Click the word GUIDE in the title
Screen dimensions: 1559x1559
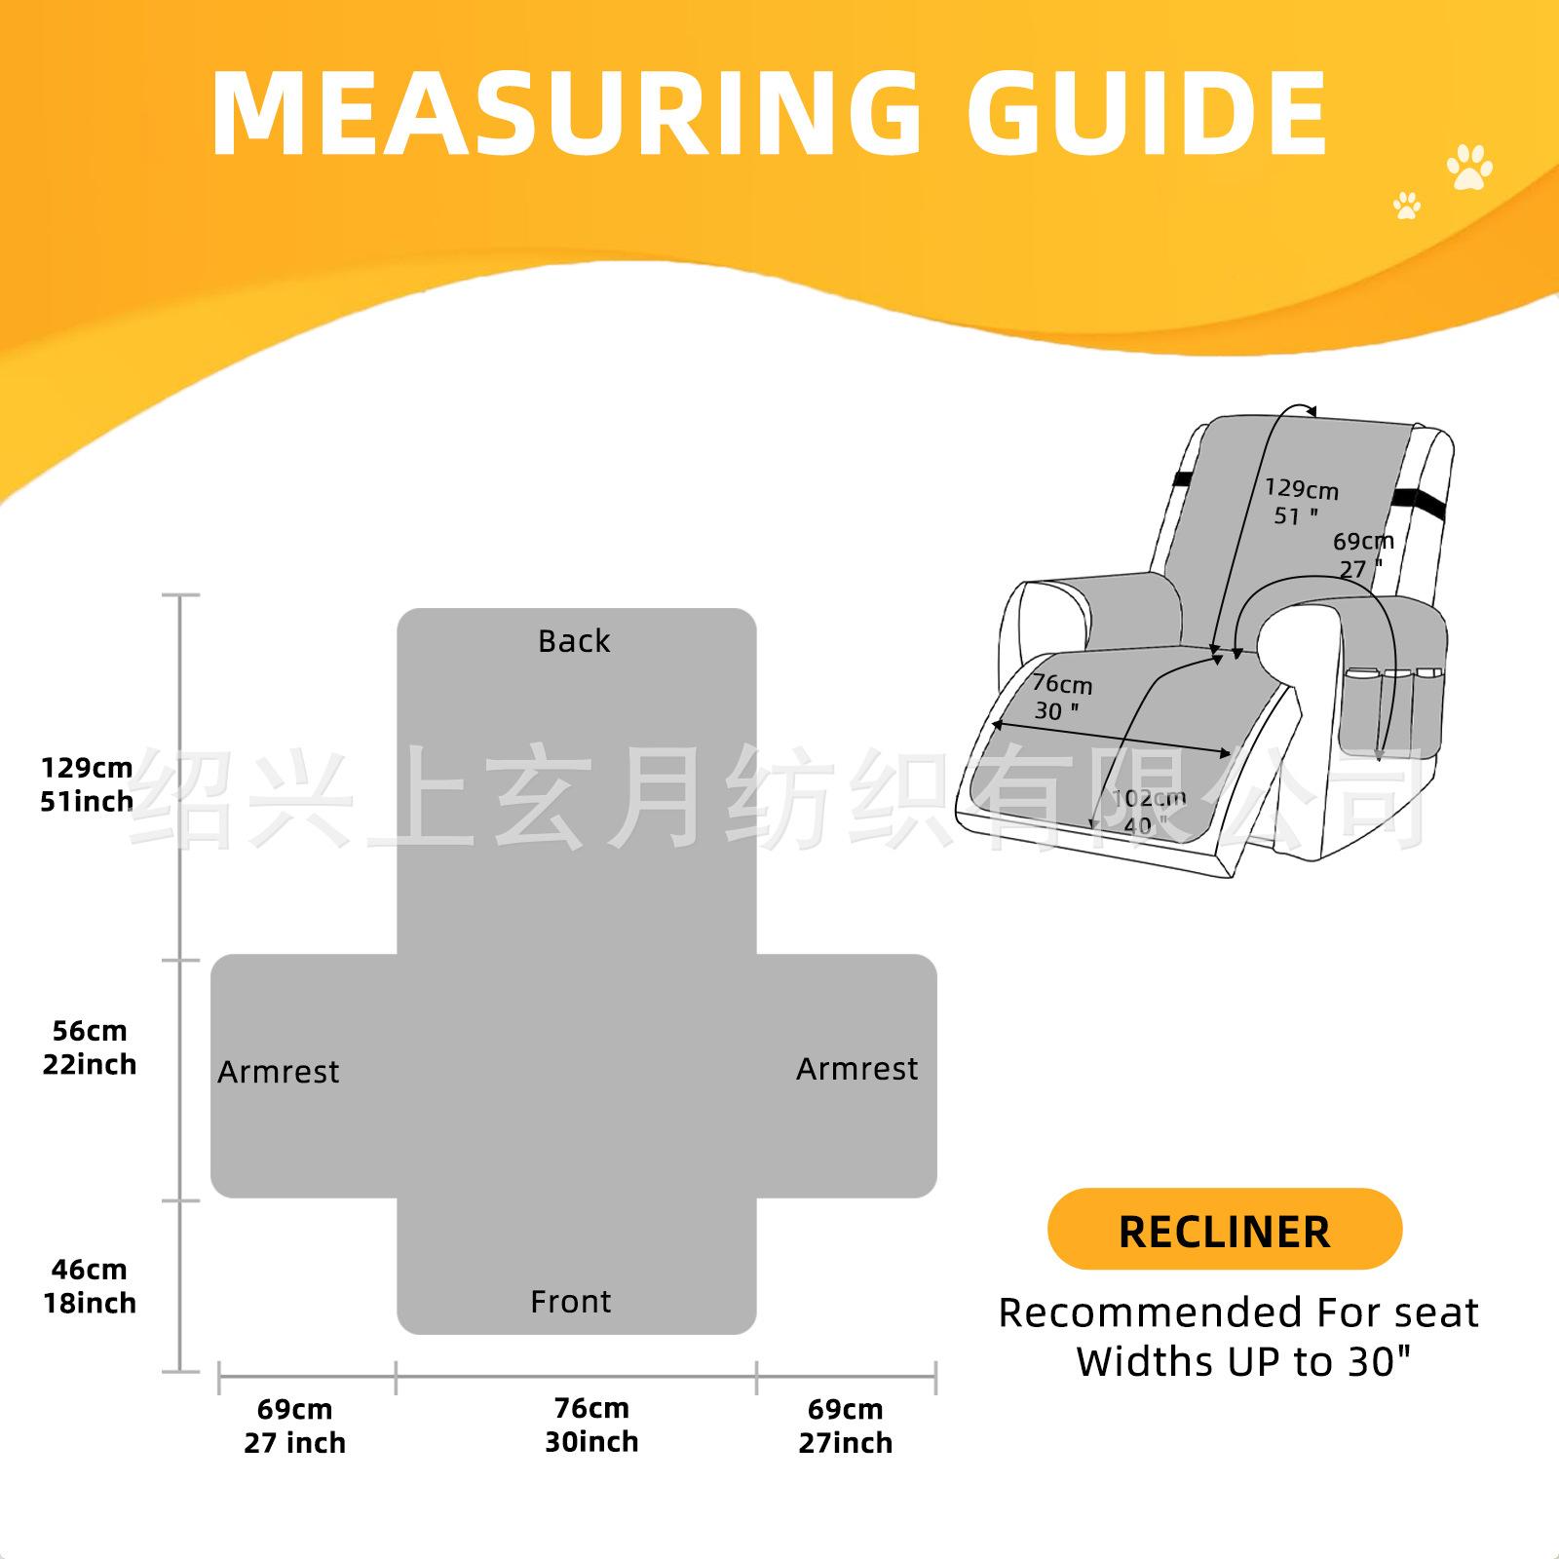(x=1147, y=114)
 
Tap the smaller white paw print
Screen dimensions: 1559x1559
(x=1406, y=205)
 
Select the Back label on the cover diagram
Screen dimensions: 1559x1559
(x=574, y=641)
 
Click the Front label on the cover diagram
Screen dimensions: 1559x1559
(x=571, y=1302)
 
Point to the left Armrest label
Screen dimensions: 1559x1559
(x=279, y=1072)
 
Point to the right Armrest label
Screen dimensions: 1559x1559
(x=856, y=1069)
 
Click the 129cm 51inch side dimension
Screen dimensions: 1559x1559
(x=87, y=784)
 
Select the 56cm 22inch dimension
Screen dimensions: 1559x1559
(x=90, y=1047)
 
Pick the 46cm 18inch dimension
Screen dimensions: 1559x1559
(x=90, y=1286)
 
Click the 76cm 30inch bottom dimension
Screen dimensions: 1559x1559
(x=591, y=1425)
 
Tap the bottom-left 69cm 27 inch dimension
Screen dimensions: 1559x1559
(x=295, y=1426)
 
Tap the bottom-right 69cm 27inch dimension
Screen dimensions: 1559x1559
(x=846, y=1426)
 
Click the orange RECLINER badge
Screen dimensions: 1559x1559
(x=1224, y=1230)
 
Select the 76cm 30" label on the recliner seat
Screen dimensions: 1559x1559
(x=1061, y=697)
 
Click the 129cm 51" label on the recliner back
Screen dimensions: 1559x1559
(x=1301, y=502)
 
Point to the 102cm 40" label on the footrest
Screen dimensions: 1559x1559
(x=1148, y=811)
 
